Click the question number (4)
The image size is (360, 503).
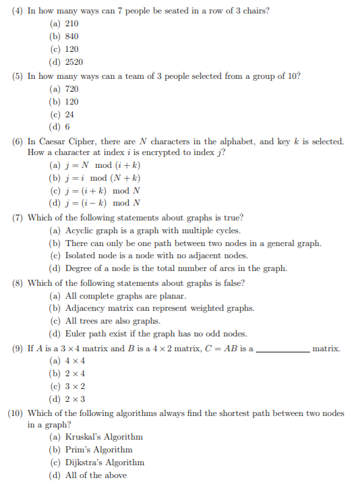(18, 11)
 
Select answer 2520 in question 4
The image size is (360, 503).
(74, 62)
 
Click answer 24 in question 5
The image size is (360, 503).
(69, 115)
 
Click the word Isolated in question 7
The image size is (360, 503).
(82, 256)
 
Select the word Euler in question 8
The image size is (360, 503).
(76, 334)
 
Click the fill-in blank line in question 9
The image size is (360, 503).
(283, 350)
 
